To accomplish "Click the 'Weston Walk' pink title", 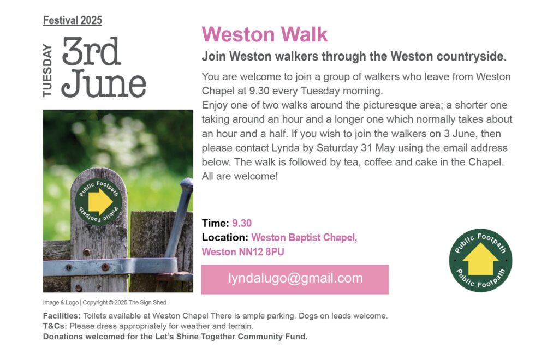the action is point(265,34).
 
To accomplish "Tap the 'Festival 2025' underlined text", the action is point(73,21).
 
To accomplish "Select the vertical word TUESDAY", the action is point(47,70).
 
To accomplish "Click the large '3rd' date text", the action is point(91,51).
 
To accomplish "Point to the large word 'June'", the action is point(103,83).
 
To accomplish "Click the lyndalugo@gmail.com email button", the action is point(295,279).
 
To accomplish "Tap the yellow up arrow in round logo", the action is point(480,259).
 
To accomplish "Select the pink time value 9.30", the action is point(242,223).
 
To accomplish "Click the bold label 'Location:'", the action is point(224,237).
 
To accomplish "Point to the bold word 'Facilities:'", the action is point(62,316).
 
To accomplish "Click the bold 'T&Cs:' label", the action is point(55,326).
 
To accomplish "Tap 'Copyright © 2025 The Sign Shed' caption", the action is point(124,302).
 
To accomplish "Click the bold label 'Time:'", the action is point(215,223).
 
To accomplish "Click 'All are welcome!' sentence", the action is point(240,176).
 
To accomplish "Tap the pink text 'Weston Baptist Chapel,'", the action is point(304,237).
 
